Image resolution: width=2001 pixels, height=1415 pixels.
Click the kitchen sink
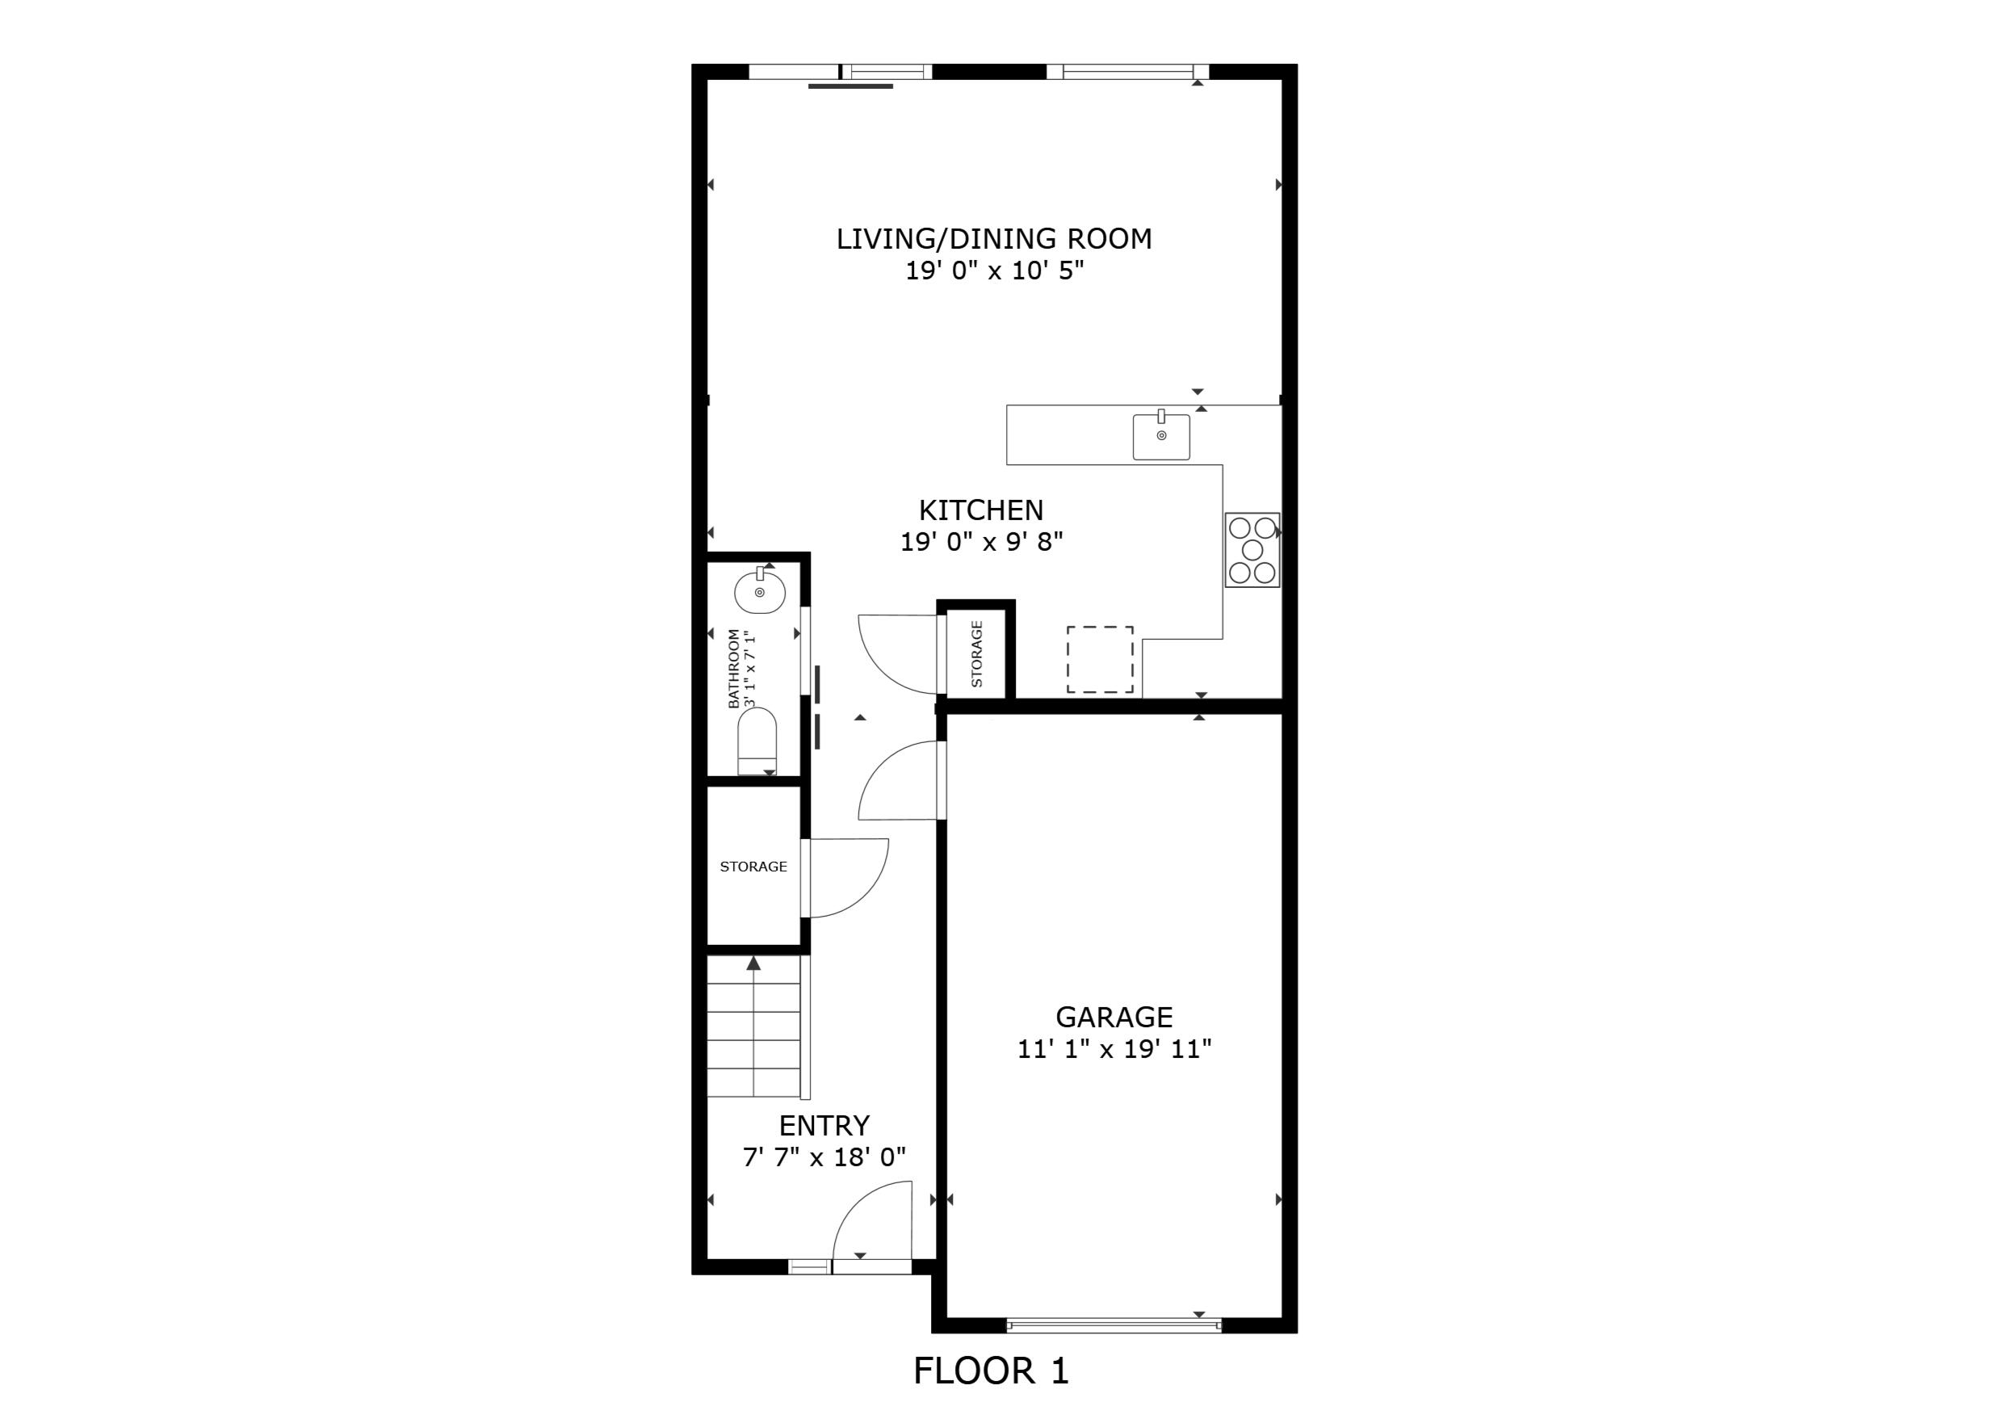(1161, 437)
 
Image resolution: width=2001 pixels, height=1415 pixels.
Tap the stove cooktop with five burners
(1252, 549)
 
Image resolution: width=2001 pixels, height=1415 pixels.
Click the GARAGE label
(1114, 1017)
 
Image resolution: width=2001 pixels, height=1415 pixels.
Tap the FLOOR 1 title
(991, 1371)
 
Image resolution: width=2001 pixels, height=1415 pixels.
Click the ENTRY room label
(824, 1126)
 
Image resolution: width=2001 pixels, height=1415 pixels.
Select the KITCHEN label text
(980, 510)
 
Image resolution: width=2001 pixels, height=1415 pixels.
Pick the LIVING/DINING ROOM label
(993, 239)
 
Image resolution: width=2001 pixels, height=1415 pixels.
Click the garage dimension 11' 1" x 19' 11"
(1114, 1049)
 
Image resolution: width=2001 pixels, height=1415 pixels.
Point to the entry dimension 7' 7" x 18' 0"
(824, 1158)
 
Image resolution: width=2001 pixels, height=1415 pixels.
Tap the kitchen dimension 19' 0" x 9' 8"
(981, 542)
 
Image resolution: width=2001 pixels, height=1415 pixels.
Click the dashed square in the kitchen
(1100, 659)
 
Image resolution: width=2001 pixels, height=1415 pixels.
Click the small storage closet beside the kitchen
(976, 654)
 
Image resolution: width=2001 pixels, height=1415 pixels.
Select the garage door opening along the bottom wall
(1114, 1326)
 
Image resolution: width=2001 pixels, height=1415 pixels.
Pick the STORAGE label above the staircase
(753, 867)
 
